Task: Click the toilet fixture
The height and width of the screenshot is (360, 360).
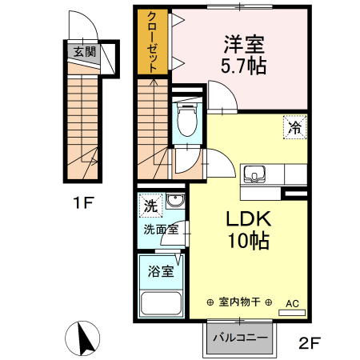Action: click(186, 120)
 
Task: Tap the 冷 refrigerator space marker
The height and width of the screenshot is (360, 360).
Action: click(294, 126)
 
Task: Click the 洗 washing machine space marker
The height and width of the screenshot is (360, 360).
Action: click(150, 206)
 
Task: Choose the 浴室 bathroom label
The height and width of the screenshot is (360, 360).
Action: click(159, 271)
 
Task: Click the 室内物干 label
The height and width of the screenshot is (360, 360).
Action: click(238, 302)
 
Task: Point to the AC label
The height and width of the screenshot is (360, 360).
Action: click(292, 303)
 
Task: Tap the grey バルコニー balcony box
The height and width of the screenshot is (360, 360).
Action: click(240, 336)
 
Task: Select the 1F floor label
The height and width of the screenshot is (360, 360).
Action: click(82, 202)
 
